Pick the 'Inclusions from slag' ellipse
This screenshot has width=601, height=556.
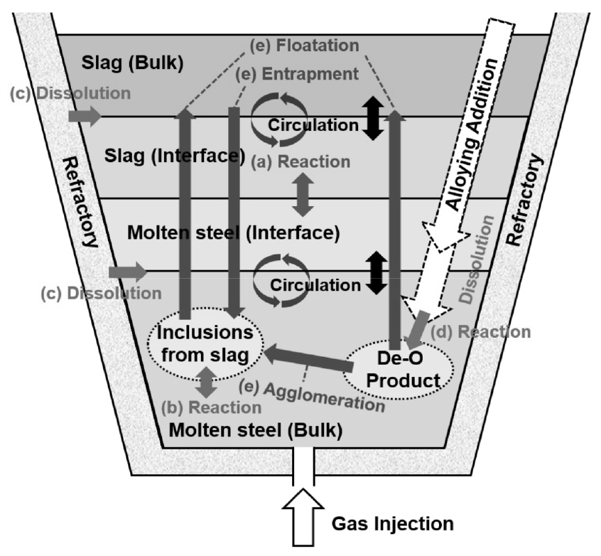[x=205, y=345]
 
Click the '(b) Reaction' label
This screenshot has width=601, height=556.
[x=210, y=407]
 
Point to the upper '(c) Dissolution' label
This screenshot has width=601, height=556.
[x=70, y=93]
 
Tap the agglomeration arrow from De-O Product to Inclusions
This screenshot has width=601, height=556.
[x=308, y=358]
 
